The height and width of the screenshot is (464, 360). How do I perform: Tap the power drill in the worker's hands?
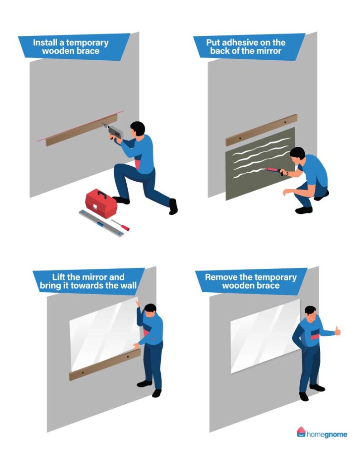114,132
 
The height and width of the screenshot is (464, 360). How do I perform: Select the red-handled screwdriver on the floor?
120,224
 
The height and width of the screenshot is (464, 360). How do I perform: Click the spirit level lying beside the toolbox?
101,223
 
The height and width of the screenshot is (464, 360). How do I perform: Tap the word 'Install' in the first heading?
47,43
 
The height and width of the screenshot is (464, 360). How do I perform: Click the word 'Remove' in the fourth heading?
221,277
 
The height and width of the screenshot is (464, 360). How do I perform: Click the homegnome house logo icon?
301,432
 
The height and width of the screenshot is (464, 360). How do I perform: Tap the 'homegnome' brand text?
327,435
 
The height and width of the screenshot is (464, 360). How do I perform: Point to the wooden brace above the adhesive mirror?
261,130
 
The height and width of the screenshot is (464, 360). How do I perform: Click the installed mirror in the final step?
263,335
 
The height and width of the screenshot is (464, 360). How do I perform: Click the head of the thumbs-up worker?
310,313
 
